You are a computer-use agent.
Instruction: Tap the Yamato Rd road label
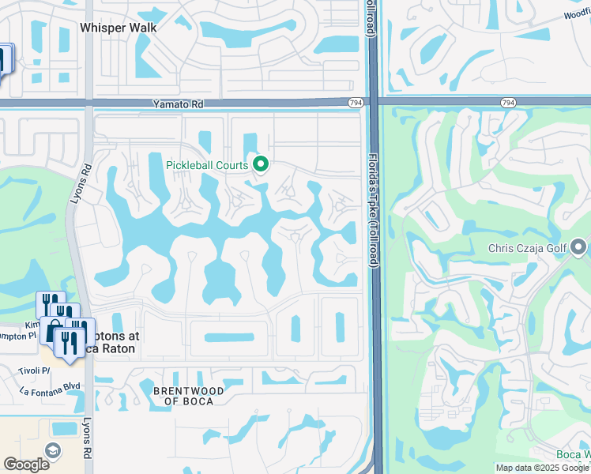(x=178, y=103)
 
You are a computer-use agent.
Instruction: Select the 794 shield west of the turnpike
(x=356, y=103)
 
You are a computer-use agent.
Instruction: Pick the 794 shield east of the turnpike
(x=508, y=103)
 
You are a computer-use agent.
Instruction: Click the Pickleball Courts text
(x=207, y=165)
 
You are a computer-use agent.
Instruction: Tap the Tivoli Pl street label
(x=36, y=370)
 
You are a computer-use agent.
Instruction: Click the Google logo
(x=26, y=464)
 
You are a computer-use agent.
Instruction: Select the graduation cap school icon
(x=52, y=451)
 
